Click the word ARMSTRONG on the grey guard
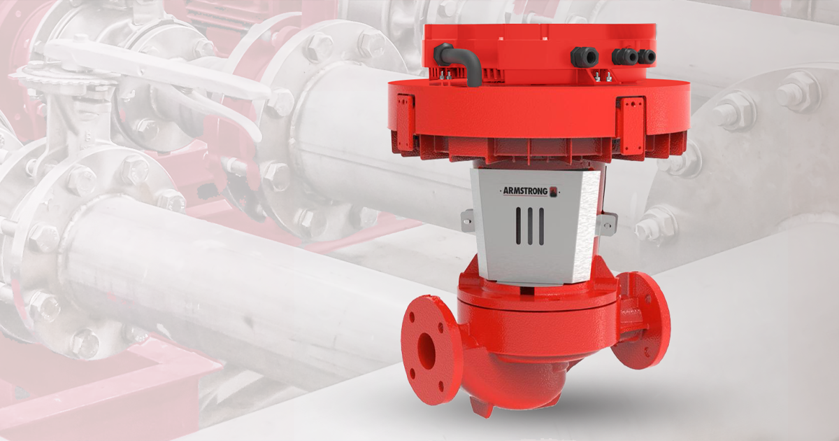[524, 191]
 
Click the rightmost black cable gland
[648, 56]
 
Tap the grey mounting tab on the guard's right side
[608, 223]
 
